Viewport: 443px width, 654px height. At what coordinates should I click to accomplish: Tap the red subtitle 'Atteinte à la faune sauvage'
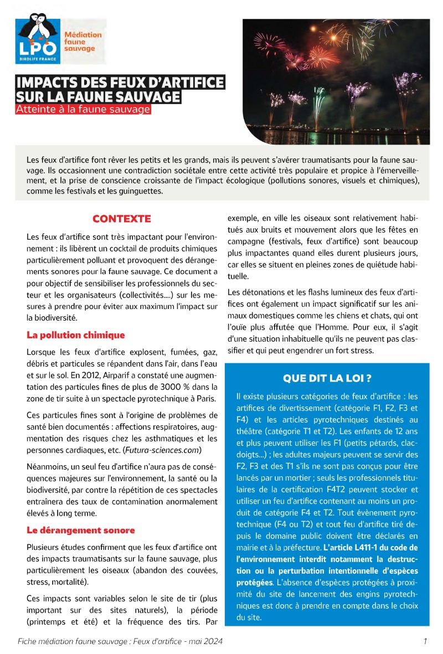(x=83, y=110)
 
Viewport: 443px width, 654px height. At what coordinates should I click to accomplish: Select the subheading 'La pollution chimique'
(x=76, y=335)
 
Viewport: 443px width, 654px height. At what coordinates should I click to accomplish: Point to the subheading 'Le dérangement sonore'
(x=81, y=530)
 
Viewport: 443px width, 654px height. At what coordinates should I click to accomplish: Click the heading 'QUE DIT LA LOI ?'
(x=327, y=379)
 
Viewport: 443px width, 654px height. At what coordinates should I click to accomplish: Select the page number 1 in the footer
(x=425, y=641)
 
